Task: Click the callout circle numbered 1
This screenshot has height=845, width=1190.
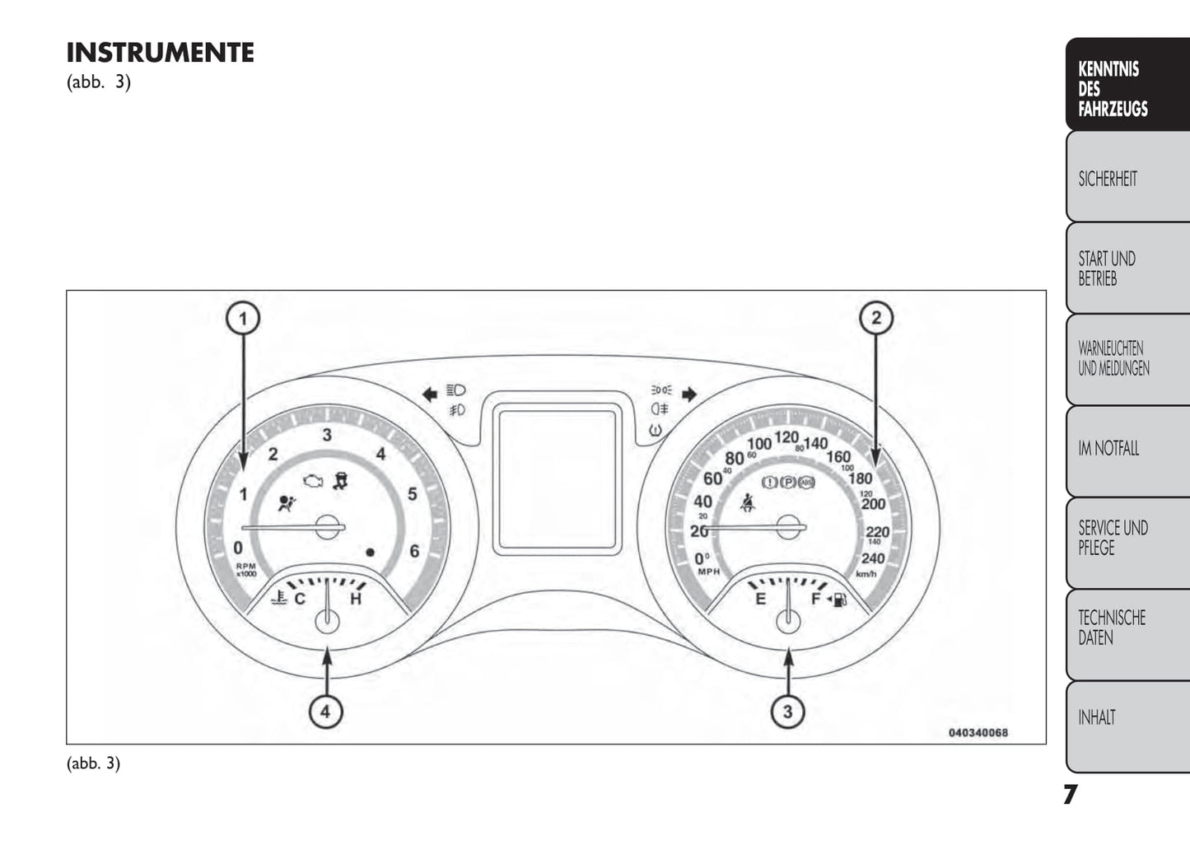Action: (243, 317)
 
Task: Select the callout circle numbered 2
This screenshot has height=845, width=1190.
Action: (875, 317)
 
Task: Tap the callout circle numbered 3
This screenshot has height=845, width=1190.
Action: (788, 710)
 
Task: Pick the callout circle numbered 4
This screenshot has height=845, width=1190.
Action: (326, 710)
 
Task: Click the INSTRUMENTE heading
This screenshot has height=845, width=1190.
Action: (160, 53)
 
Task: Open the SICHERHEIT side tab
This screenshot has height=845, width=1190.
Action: (1126, 179)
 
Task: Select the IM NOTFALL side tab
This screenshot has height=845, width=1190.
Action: (1126, 449)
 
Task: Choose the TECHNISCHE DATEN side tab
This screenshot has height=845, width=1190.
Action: (1126, 628)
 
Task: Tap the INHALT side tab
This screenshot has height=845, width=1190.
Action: (1126, 718)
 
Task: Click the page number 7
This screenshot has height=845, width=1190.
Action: (1070, 795)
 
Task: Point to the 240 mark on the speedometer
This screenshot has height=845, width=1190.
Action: (872, 558)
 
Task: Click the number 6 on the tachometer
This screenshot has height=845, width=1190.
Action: (414, 551)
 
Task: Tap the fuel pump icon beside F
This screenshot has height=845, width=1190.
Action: (840, 600)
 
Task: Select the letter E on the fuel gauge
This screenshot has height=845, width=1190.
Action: (760, 599)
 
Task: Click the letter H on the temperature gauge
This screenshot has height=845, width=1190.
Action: (356, 599)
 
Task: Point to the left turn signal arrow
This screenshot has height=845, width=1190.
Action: (429, 394)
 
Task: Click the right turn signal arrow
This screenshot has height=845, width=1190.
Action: (689, 394)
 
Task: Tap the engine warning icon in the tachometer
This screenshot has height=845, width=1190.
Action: (311, 481)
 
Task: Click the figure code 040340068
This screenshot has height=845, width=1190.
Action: (978, 732)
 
